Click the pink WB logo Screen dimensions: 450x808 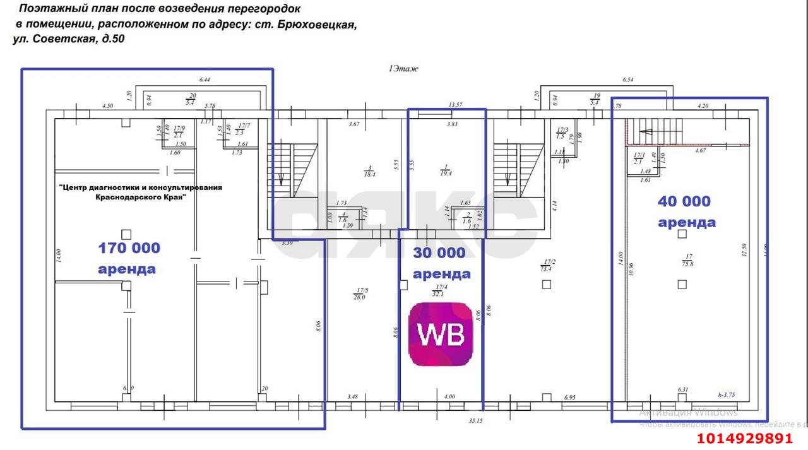pos(440,334)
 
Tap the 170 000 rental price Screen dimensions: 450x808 pos(129,248)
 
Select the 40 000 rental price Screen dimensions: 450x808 pos(684,201)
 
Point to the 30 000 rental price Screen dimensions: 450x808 pos(439,253)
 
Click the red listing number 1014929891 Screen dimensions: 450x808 pos(744,439)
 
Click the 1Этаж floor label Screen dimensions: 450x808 pos(403,69)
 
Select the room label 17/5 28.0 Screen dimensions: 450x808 pos(360,293)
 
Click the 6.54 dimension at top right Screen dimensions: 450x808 pos(627,80)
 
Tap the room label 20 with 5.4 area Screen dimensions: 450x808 pos(190,99)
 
